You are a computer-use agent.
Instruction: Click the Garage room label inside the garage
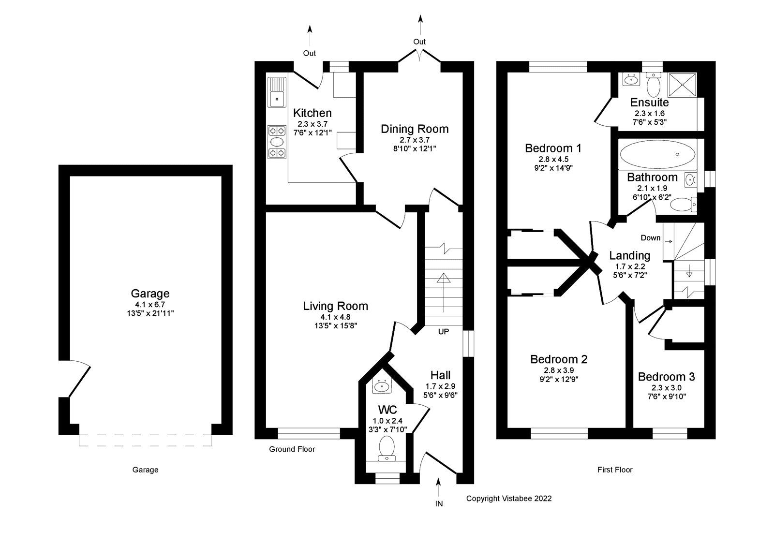(x=150, y=294)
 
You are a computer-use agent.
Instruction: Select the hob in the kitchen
(x=277, y=141)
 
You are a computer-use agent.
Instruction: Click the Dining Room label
(x=415, y=129)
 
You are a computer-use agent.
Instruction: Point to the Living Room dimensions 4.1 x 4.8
(x=335, y=317)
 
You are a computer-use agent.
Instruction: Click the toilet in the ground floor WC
(x=387, y=447)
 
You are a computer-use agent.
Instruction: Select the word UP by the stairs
(x=443, y=332)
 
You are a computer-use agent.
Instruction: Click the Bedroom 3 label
(x=666, y=377)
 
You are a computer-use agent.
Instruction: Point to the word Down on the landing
(x=650, y=238)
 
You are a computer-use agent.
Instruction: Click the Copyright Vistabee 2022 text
(x=508, y=498)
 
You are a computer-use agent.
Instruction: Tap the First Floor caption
(x=614, y=470)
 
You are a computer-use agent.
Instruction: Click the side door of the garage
(x=77, y=379)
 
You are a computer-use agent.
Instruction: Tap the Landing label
(x=629, y=255)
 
